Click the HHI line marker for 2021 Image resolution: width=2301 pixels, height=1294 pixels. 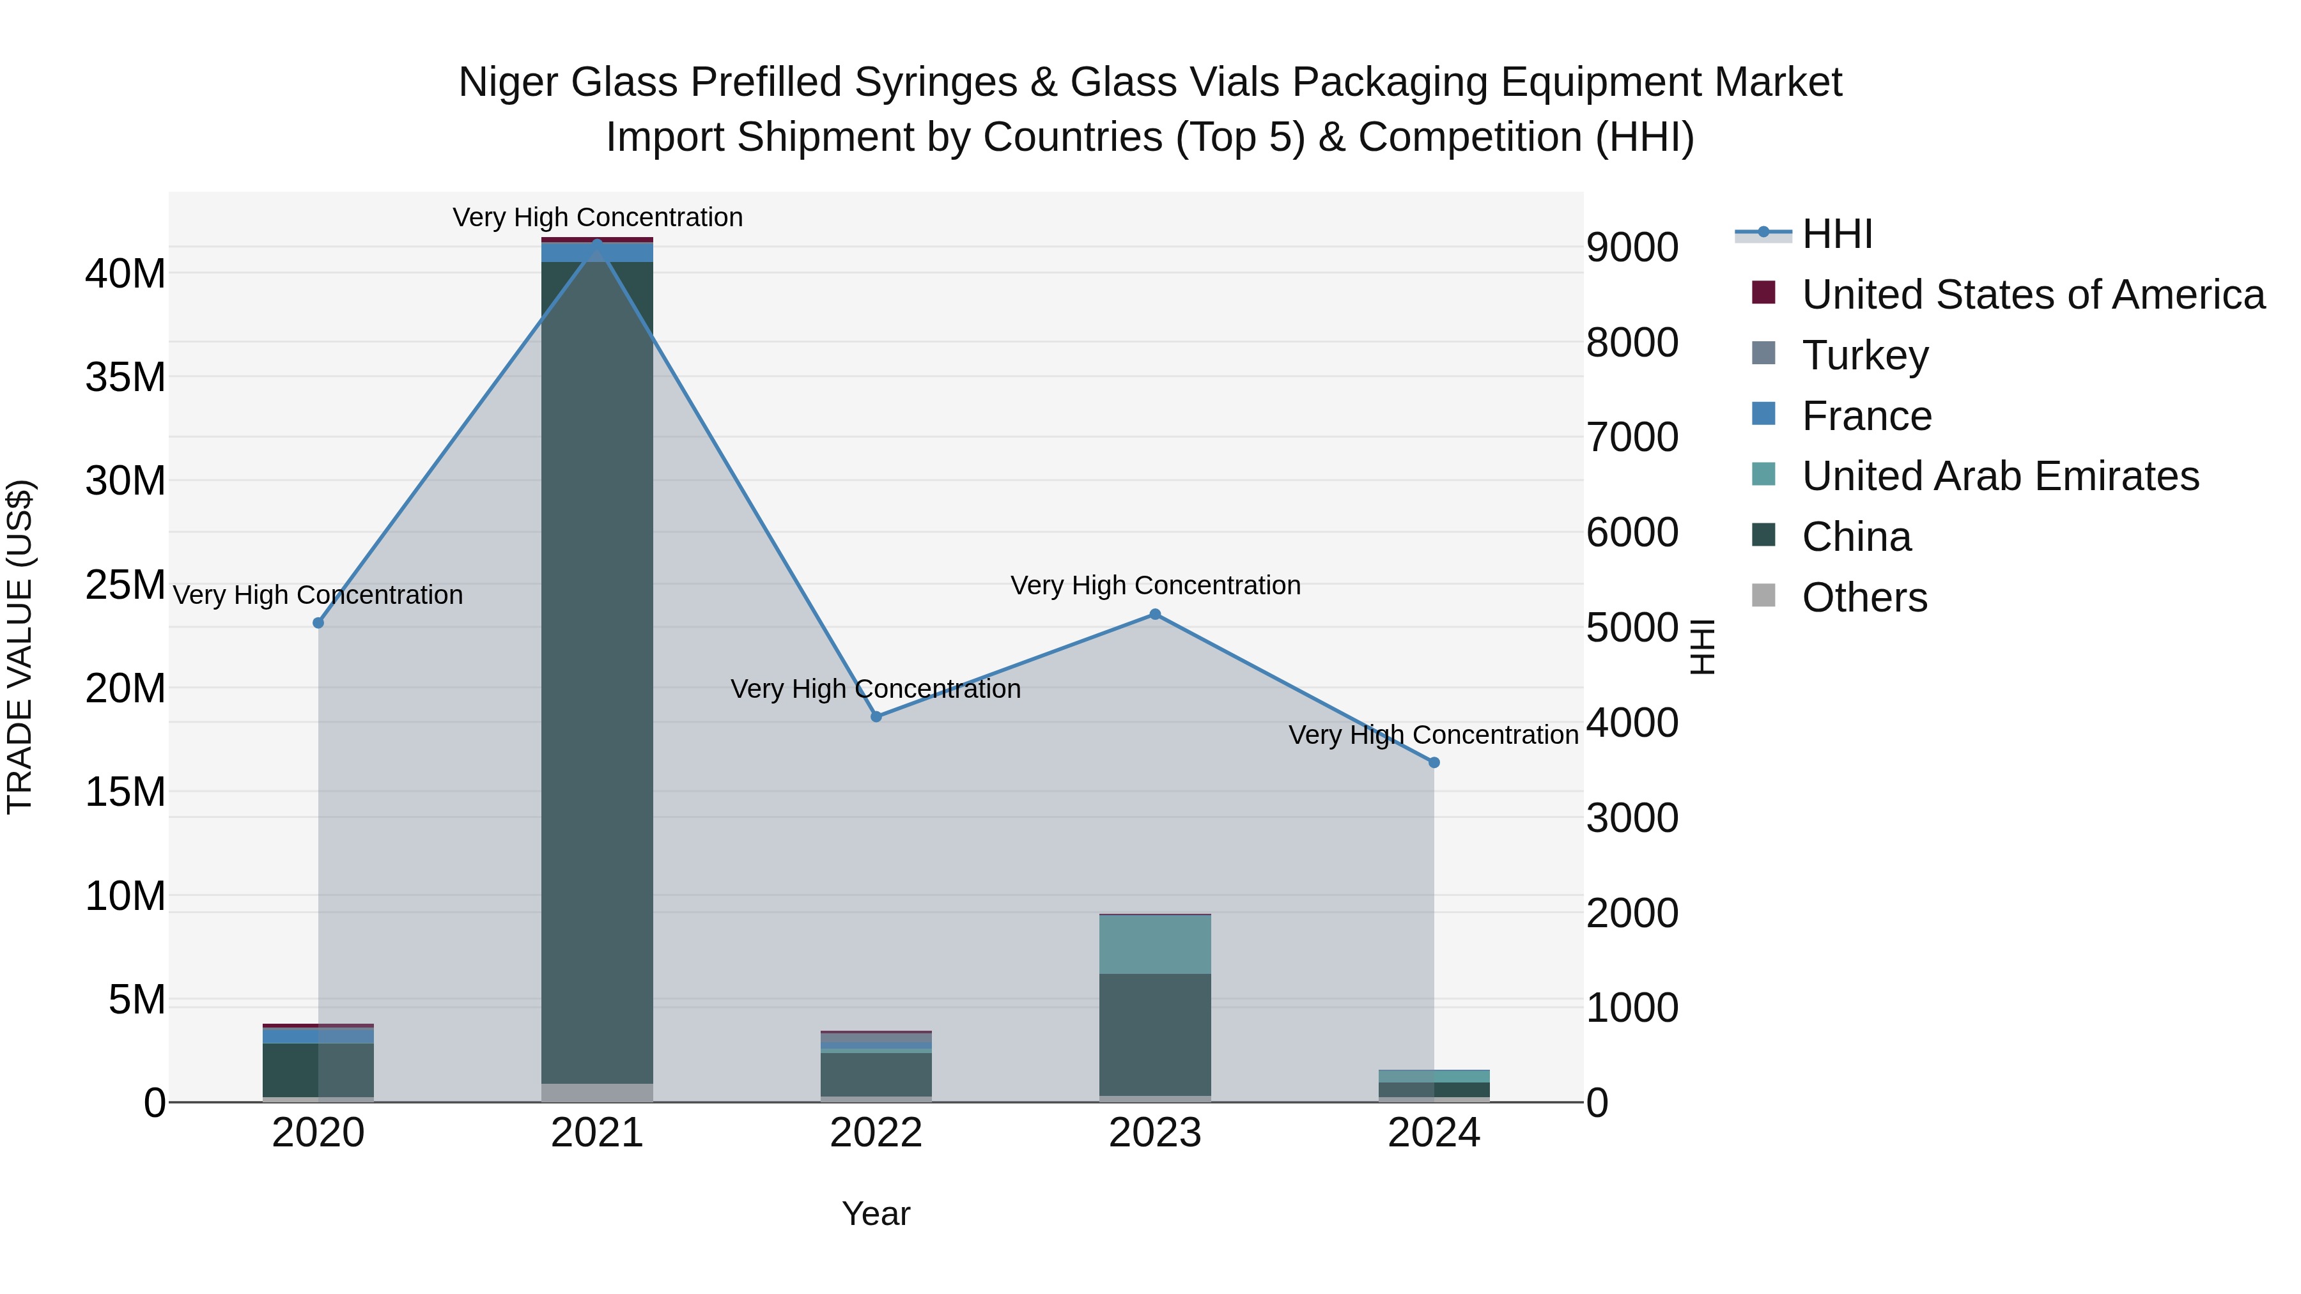[597, 244]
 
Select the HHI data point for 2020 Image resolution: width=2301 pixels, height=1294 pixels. [318, 622]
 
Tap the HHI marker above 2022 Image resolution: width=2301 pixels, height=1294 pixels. [876, 716]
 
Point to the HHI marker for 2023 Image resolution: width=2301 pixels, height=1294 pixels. [1155, 614]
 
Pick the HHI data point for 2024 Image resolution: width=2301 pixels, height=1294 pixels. [1434, 762]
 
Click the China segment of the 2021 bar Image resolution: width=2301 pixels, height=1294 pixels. [597, 670]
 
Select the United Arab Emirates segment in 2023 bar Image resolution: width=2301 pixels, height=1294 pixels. [1155, 944]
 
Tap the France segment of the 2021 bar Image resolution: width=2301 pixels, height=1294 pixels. [597, 252]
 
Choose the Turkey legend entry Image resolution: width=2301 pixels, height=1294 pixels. [1864, 355]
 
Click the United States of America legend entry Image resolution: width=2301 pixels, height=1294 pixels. [2032, 295]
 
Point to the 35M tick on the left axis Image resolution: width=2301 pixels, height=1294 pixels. [125, 377]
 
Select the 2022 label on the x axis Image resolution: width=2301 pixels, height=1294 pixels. [876, 1133]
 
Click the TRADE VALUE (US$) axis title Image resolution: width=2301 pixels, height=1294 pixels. [20, 647]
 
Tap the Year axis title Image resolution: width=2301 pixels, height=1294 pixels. [876, 1213]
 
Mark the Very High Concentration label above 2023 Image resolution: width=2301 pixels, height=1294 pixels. [1155, 586]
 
